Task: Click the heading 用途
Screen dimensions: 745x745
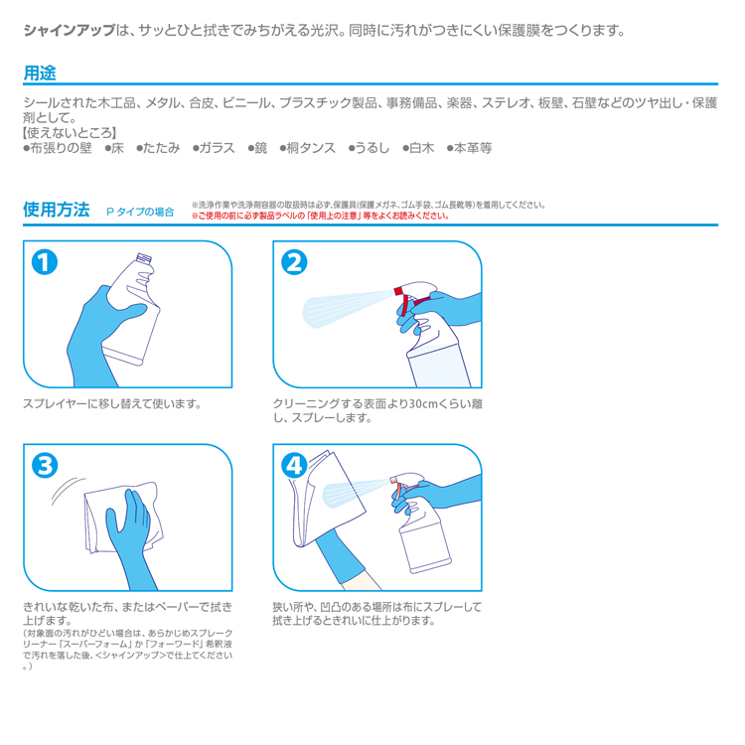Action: point(40,74)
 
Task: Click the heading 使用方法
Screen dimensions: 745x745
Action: point(57,210)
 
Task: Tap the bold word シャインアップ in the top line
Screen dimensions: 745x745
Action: point(70,31)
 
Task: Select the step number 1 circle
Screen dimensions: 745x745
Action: point(45,262)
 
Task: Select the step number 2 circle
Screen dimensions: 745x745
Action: point(294,262)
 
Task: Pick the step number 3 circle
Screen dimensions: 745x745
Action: point(45,466)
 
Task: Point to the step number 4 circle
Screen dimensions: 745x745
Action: point(294,466)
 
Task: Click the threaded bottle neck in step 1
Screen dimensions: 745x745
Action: point(144,259)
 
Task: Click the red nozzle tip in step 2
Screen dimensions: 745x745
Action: point(398,291)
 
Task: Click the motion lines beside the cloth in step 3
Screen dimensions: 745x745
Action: point(67,491)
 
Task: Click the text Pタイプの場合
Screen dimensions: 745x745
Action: point(140,212)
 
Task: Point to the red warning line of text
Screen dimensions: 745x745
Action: point(320,217)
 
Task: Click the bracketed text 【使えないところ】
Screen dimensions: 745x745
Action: point(70,133)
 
